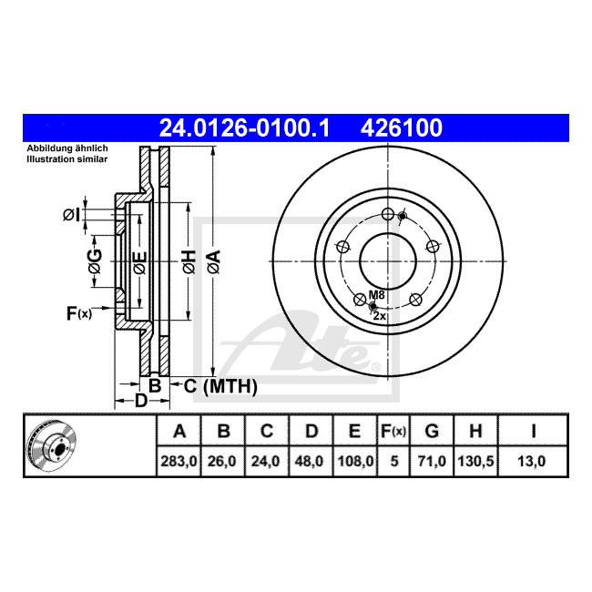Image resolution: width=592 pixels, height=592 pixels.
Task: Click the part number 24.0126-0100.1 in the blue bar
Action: pos(244,128)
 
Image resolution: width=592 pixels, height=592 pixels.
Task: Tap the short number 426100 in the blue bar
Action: pos(402,128)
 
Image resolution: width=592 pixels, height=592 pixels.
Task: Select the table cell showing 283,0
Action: pos(179,461)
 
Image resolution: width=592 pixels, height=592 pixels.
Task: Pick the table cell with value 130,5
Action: pos(475,461)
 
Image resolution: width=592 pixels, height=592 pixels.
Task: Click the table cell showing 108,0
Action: pos(355,461)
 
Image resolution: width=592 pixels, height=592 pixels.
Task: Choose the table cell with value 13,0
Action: pos(533,461)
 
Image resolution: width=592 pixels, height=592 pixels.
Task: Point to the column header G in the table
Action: pos(432,431)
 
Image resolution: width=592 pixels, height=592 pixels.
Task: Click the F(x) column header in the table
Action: pos(393,431)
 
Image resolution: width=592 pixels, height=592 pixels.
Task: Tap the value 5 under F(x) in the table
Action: pos(393,461)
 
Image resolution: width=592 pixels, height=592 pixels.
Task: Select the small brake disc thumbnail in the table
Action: pos(52,445)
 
